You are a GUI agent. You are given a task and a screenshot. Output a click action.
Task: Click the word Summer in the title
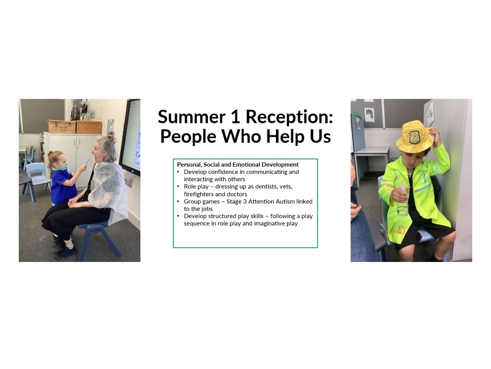coord(191,117)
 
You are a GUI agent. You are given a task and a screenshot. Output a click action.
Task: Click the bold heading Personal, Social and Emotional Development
coord(238,165)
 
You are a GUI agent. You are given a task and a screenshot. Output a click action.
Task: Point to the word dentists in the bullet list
coord(244,187)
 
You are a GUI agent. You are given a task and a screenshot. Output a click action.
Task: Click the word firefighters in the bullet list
coord(198,194)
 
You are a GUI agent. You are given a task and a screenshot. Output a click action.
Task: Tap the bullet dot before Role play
coord(178,186)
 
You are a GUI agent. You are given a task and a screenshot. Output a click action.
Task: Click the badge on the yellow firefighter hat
coord(415,137)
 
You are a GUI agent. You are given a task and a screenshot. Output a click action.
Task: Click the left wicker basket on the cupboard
coord(62,127)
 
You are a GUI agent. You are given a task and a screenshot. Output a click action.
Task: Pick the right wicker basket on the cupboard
coord(89,127)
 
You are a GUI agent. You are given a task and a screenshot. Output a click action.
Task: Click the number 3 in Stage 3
coord(245,202)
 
